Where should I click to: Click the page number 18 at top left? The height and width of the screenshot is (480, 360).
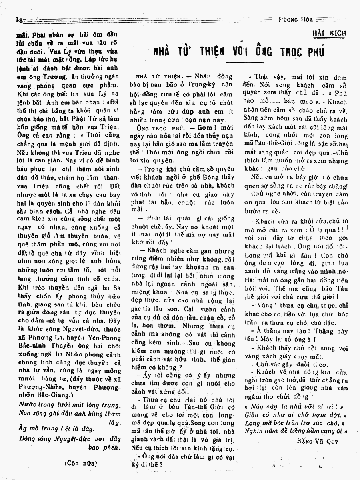18,19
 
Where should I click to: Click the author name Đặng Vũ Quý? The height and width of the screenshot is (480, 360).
323,440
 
